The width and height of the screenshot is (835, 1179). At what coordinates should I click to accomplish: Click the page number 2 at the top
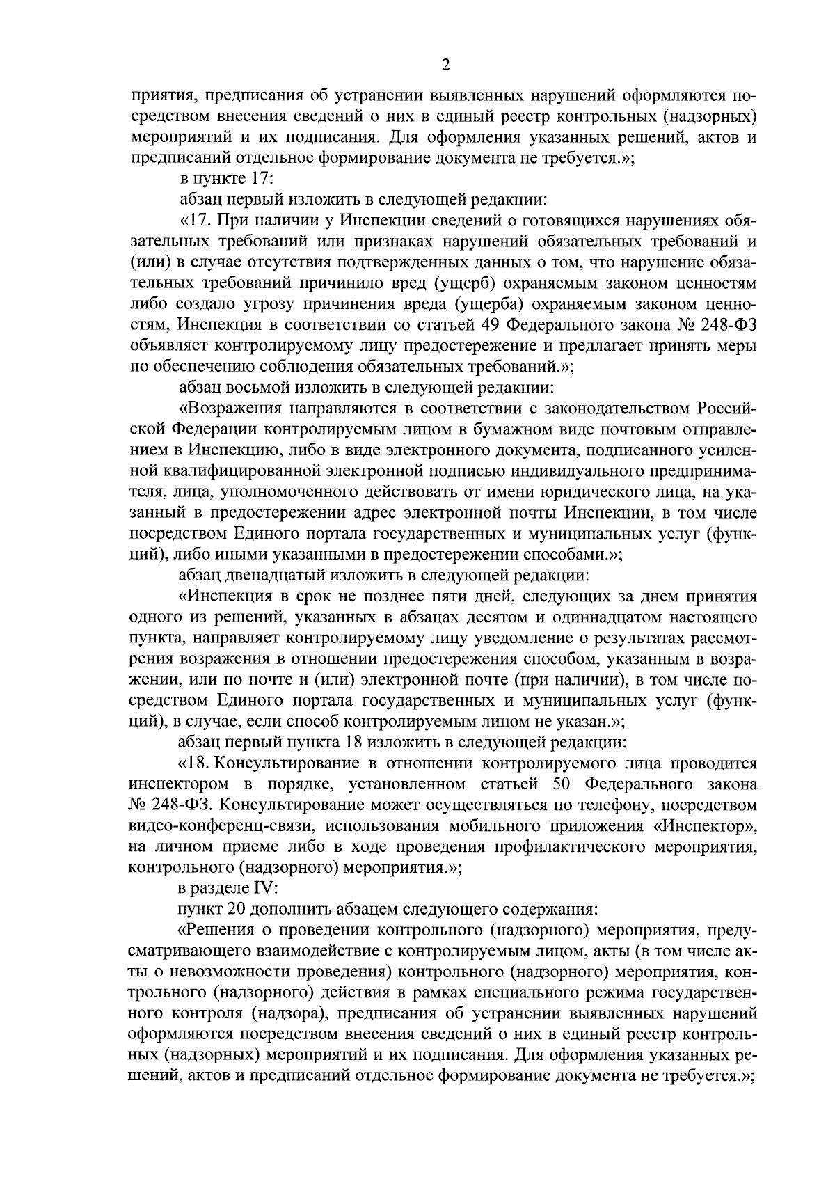445,65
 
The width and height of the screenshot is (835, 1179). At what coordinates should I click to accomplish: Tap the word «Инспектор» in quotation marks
703,826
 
